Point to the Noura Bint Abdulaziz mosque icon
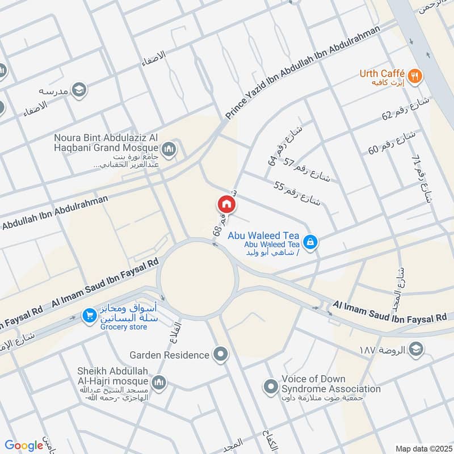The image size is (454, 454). [169, 149]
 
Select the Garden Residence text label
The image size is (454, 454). [169, 355]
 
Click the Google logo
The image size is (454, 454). [23, 445]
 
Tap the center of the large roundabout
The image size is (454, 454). [197, 279]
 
